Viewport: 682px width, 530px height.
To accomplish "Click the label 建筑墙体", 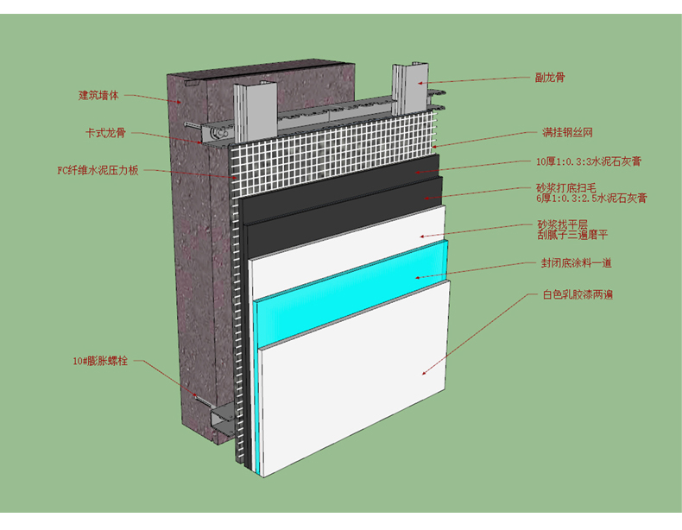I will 98,95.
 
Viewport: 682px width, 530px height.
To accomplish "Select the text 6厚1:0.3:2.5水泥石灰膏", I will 590,199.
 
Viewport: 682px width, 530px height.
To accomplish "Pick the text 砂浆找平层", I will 561,224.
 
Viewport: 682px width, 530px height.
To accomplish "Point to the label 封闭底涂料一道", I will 577,262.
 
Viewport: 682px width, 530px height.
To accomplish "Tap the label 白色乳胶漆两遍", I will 578,294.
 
